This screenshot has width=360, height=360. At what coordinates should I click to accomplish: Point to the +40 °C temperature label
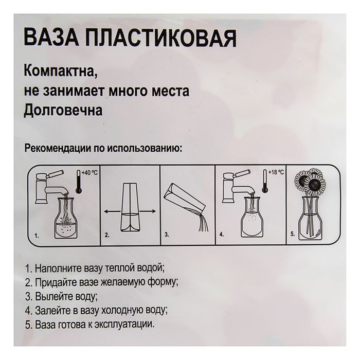tap(91, 173)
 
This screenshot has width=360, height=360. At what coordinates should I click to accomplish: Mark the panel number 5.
tap(292, 235)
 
